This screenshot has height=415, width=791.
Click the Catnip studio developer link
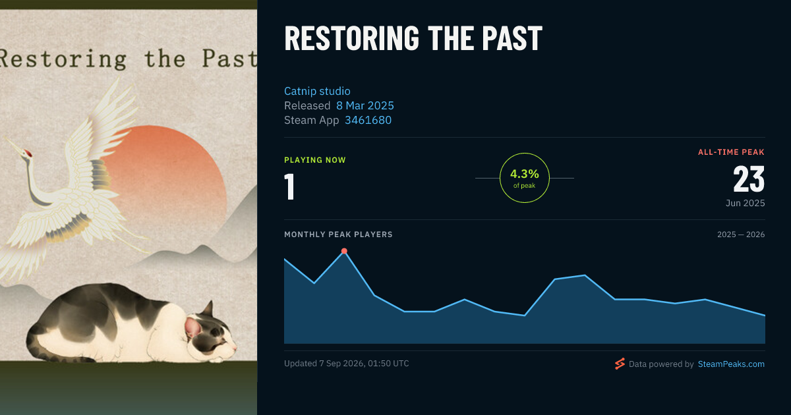[317, 91]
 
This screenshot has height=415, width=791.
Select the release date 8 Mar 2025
[365, 105]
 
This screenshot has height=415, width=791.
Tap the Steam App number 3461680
[368, 121]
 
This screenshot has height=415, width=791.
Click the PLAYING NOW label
[315, 160]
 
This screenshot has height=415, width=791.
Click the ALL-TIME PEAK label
[731, 152]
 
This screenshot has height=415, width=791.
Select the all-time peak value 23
[749, 179]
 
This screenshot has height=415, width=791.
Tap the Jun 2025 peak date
[745, 203]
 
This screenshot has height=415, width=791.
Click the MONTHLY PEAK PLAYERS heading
[338, 235]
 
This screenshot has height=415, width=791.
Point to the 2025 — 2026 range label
[741, 235]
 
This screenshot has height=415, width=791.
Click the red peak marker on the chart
[344, 251]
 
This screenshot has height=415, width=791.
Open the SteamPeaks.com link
[731, 364]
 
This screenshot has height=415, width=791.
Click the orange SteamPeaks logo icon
[620, 364]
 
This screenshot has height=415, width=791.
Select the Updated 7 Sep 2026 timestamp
[347, 364]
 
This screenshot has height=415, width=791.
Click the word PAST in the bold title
[512, 38]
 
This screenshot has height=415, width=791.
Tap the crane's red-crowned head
[26, 153]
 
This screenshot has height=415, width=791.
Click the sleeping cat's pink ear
[192, 327]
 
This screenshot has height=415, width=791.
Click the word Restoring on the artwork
[63, 59]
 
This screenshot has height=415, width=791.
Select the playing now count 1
[289, 187]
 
